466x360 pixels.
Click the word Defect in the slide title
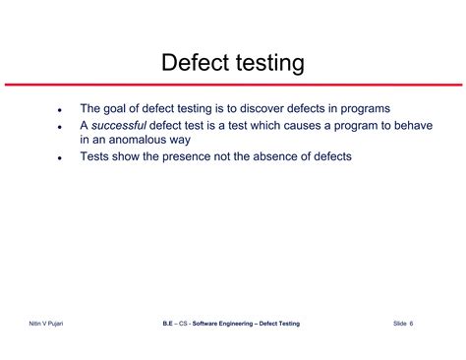point(194,64)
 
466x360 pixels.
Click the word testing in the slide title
point(265,64)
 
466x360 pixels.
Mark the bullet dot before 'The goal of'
point(59,110)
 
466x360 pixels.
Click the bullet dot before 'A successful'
point(59,127)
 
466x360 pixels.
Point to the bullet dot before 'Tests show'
point(59,158)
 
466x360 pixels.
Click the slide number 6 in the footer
point(411,324)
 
